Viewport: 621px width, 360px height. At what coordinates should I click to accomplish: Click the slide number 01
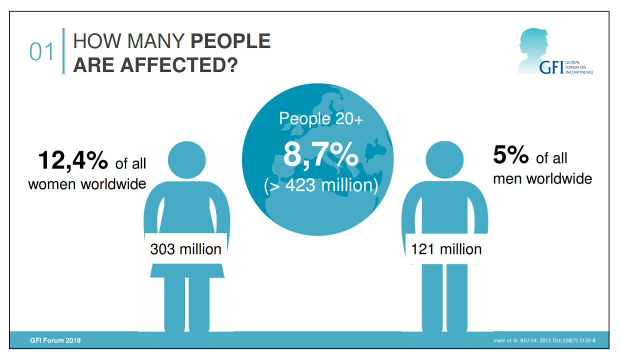[41, 52]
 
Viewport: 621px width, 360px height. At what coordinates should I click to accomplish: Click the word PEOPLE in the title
[230, 41]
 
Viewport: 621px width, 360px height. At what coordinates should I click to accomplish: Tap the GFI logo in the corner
[555, 52]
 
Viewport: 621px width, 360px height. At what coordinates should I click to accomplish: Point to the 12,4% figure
[73, 160]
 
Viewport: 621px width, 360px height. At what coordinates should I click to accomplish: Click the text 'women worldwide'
[87, 183]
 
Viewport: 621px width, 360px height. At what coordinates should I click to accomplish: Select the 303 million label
[186, 248]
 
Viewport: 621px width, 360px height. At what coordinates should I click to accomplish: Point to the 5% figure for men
[510, 155]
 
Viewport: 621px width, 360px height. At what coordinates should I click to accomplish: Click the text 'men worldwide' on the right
[542, 178]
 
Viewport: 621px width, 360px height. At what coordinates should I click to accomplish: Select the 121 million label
[446, 248]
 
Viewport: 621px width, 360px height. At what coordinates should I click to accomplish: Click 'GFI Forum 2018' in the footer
[55, 340]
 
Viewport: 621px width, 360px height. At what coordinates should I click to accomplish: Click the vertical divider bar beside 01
[63, 51]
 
